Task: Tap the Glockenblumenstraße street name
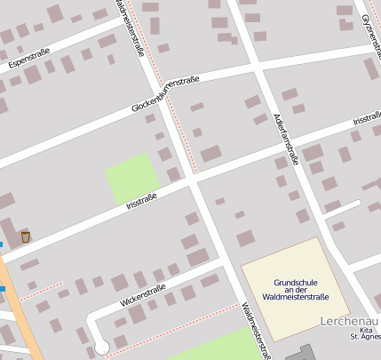[x=165, y=94]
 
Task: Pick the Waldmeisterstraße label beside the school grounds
[x=256, y=331]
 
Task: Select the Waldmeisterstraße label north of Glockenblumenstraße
[x=131, y=27]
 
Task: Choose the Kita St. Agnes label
[x=364, y=334]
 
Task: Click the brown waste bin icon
[x=25, y=236]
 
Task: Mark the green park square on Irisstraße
[x=132, y=178]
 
